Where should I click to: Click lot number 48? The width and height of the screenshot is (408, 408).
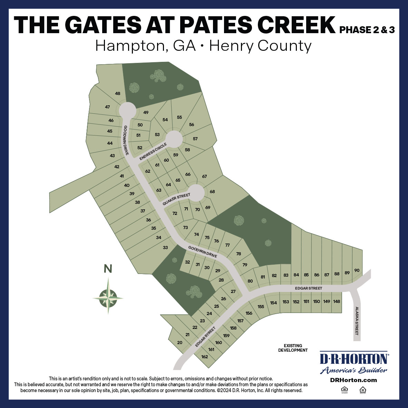point(118,94)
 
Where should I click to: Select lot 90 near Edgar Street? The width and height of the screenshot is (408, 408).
point(357,271)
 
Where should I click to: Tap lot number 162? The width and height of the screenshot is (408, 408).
point(204,357)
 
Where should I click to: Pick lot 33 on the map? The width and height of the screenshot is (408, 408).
point(165,247)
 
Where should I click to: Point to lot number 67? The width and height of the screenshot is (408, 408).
point(204,177)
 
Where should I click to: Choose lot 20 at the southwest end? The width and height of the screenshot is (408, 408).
point(179,343)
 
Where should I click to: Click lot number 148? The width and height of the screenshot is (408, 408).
point(337,302)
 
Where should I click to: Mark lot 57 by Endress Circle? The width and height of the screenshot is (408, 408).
point(195,139)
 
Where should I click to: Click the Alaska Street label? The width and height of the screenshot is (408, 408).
point(357,321)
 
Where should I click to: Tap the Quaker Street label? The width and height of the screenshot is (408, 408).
point(176,200)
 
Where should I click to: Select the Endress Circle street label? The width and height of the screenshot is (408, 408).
point(153,152)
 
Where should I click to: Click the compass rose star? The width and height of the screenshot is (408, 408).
point(108,296)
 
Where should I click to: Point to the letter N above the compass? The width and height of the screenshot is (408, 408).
point(108,269)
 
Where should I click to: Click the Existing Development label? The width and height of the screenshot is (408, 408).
point(293,348)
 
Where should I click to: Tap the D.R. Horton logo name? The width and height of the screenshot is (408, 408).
point(354,359)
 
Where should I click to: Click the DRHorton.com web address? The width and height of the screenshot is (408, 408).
point(353,380)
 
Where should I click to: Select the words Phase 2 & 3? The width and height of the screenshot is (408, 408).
point(367,30)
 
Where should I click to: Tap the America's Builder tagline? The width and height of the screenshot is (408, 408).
point(354,371)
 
